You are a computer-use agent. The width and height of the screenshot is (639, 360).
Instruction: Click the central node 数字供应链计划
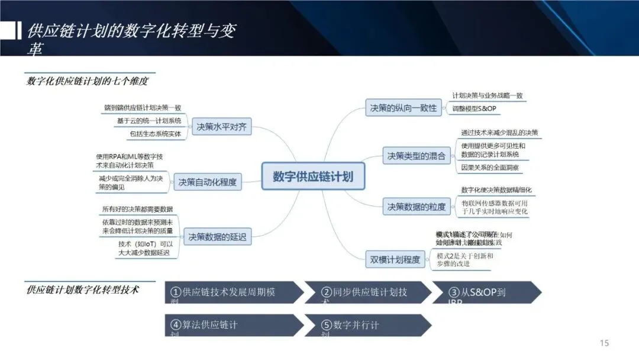click(x=313, y=176)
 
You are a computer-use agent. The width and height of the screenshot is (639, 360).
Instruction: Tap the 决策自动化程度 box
click(x=207, y=182)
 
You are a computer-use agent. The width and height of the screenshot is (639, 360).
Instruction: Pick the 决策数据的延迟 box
click(x=217, y=237)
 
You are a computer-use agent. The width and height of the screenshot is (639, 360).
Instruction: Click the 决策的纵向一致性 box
click(x=403, y=108)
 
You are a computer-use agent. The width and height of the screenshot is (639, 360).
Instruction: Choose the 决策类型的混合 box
click(x=416, y=157)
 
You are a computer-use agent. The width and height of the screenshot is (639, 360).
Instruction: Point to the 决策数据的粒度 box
click(x=416, y=207)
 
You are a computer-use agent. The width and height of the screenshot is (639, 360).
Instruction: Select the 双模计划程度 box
click(x=395, y=259)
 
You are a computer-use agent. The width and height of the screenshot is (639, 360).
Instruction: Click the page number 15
click(x=604, y=343)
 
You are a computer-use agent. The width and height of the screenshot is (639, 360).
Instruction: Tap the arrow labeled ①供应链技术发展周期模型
click(x=231, y=292)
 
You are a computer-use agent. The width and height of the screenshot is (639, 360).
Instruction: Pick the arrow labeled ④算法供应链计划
click(x=231, y=326)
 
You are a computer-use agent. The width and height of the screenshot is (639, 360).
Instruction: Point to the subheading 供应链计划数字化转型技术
click(x=83, y=290)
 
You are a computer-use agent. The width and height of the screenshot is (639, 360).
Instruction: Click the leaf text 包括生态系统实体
click(x=151, y=134)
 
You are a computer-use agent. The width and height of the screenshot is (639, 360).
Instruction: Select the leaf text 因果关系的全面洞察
click(x=490, y=168)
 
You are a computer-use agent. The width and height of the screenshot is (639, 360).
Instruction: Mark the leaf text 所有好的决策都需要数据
click(x=137, y=209)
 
